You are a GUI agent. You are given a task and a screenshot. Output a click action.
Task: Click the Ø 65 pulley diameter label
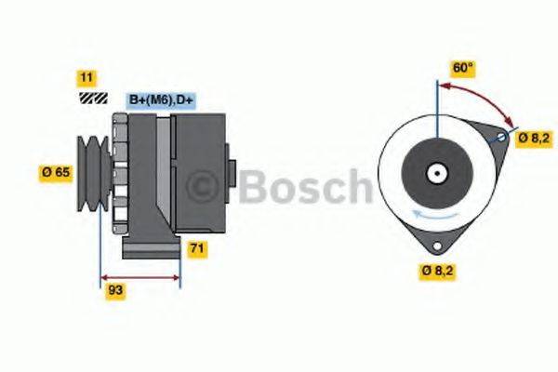(57, 171)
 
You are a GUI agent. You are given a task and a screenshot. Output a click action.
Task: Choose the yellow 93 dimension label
(115, 290)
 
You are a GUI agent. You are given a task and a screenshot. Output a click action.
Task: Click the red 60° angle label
(463, 68)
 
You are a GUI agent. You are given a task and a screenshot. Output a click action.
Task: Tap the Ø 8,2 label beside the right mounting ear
(536, 138)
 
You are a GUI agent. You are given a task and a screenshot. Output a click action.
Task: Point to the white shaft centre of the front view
(435, 172)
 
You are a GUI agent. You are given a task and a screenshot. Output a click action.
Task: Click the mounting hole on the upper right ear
(501, 139)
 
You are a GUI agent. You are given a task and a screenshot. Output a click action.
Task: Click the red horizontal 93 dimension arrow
(139, 277)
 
